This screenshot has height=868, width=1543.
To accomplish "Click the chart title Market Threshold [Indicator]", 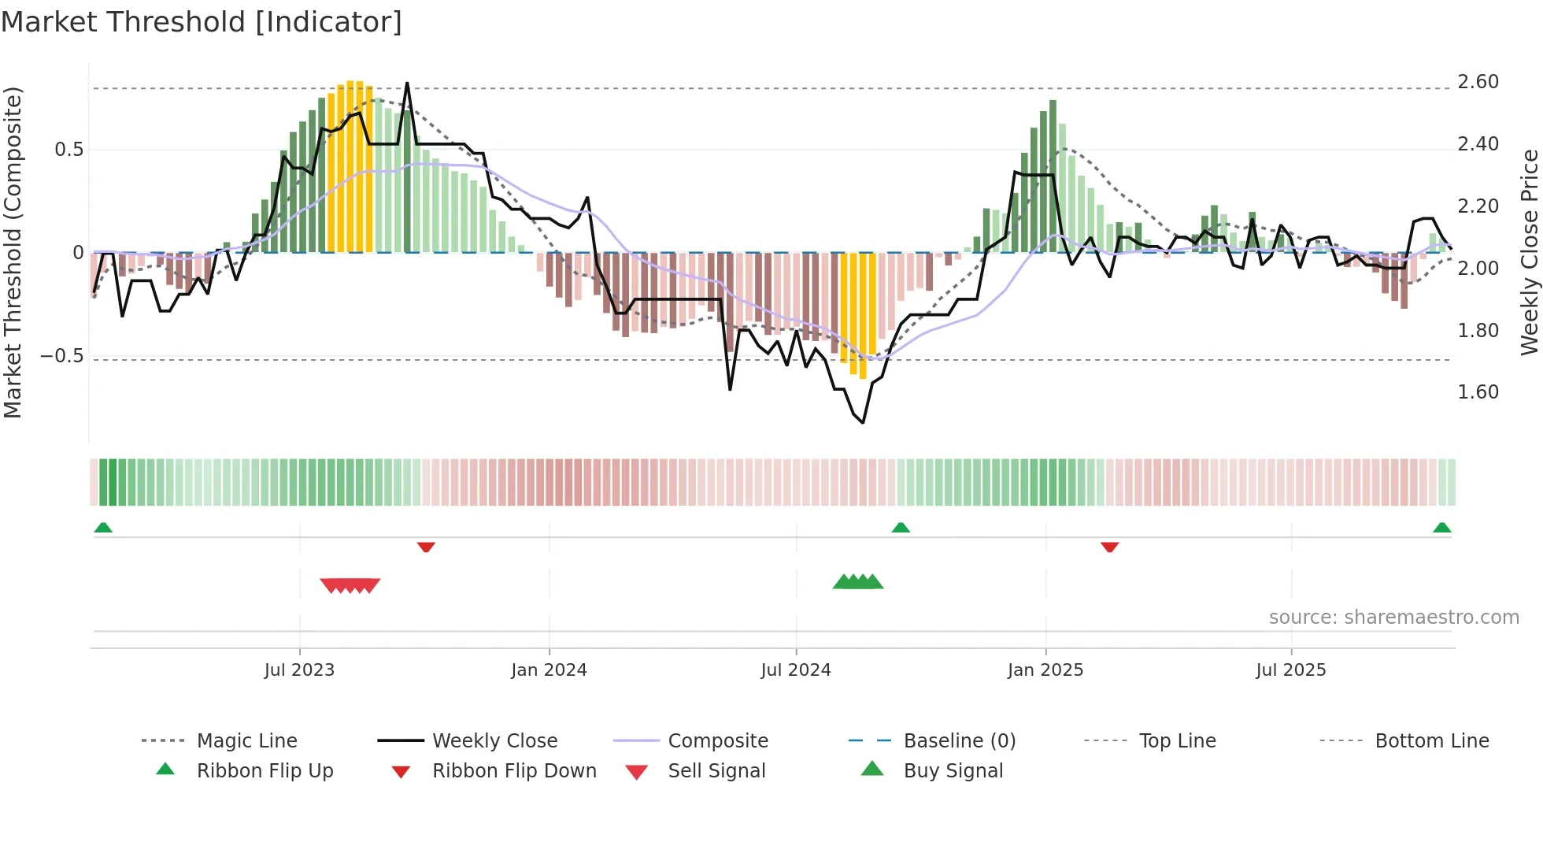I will click(202, 22).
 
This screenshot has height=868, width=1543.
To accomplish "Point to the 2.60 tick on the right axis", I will click(1478, 82).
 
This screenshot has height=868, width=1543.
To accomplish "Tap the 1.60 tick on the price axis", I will click(1478, 392).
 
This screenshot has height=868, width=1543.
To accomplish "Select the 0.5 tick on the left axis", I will click(68, 150).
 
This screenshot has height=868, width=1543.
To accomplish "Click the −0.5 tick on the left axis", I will click(62, 356).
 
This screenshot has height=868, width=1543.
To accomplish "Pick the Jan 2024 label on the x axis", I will click(549, 670).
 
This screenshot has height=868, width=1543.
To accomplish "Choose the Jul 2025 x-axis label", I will click(1290, 670).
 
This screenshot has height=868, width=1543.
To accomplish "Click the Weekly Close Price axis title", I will click(1529, 252).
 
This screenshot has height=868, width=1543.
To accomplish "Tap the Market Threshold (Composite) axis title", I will click(13, 252).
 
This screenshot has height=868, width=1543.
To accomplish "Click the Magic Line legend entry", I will click(246, 741).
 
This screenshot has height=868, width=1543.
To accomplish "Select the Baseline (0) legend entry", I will click(959, 741).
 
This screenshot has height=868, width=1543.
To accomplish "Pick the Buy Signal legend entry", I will click(953, 771).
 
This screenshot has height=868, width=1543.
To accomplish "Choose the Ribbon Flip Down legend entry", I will click(513, 771).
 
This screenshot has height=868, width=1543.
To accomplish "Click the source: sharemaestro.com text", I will click(1393, 618).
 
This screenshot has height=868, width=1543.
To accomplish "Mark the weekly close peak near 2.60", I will click(407, 83).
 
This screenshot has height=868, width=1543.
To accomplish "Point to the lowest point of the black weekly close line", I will click(863, 422).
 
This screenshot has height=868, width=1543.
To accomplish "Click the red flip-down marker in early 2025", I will click(1109, 547).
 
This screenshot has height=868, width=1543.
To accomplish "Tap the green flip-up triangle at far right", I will click(1441, 528).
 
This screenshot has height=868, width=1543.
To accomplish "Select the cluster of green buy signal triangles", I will click(858, 582).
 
